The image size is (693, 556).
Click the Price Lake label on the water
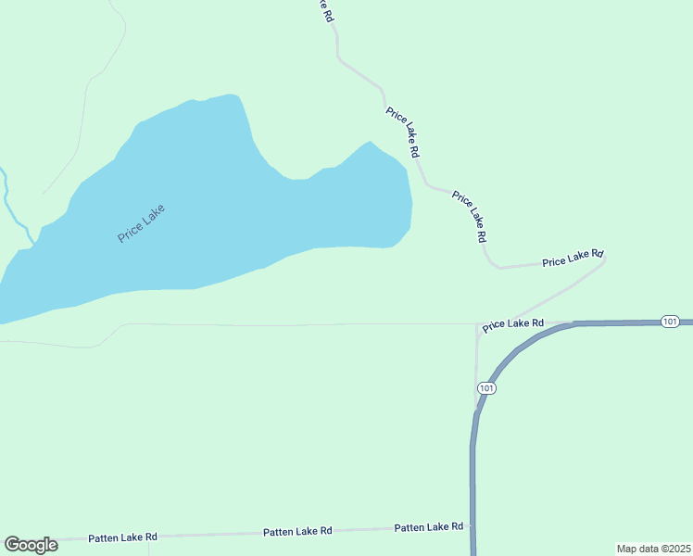click(x=142, y=223)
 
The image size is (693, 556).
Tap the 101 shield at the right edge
click(x=671, y=321)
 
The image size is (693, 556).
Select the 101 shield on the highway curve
click(x=487, y=387)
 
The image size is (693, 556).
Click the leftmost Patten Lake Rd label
click(x=122, y=537)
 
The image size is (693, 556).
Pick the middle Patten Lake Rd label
click(x=297, y=532)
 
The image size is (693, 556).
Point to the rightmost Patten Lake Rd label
click(x=428, y=527)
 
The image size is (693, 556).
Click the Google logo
click(x=31, y=545)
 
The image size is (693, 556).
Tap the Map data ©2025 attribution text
click(x=653, y=549)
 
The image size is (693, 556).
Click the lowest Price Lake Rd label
click(x=512, y=323)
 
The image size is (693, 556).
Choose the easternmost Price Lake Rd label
click(x=573, y=258)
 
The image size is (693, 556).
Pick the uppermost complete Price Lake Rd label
click(x=405, y=132)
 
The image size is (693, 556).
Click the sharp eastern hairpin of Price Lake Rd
click(x=605, y=260)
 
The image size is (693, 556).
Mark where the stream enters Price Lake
click(x=34, y=243)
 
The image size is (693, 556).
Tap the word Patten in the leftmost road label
click(x=104, y=538)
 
